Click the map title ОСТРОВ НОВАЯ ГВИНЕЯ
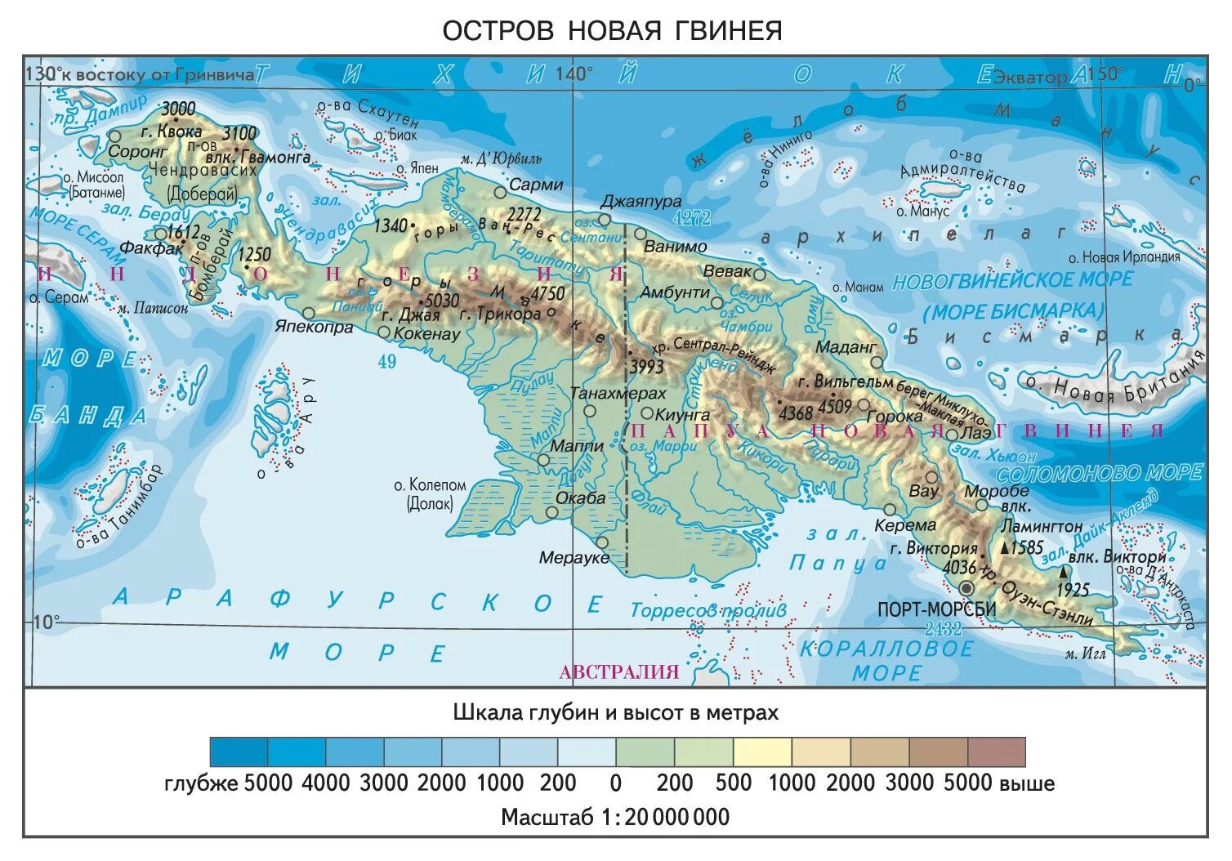612,31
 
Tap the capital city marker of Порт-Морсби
966,587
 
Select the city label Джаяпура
641,201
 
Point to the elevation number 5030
442,300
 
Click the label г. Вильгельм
845,381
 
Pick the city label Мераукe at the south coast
574,558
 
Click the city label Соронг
136,152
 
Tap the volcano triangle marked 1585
1006,547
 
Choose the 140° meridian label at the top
574,74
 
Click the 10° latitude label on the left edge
46,622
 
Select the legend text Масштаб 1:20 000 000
614,817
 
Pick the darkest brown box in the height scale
996,752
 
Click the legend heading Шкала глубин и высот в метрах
615,712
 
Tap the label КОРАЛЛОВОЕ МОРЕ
886,661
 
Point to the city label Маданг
845,347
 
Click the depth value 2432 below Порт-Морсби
943,628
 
